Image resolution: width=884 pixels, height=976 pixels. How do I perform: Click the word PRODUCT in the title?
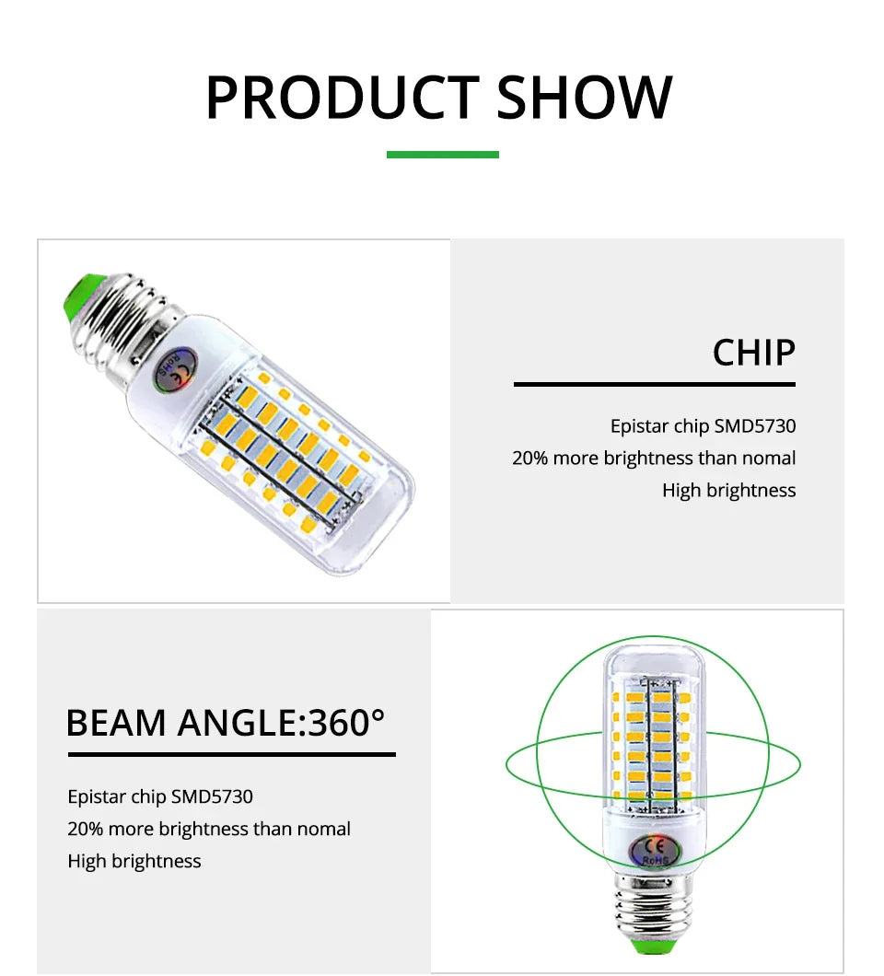(342, 98)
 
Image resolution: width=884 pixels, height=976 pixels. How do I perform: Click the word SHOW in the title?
(585, 98)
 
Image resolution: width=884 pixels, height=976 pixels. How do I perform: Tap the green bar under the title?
(442, 155)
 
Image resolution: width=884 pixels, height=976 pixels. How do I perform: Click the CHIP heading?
(753, 353)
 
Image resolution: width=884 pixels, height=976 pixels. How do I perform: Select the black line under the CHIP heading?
(654, 384)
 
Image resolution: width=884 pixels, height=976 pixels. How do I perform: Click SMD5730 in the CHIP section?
(755, 426)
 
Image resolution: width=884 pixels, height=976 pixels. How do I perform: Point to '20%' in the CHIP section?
(529, 459)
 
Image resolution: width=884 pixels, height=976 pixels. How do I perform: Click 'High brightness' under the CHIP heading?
(728, 491)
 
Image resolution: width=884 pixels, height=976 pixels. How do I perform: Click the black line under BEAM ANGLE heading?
(231, 755)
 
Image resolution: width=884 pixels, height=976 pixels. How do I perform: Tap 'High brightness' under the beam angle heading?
(134, 862)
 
